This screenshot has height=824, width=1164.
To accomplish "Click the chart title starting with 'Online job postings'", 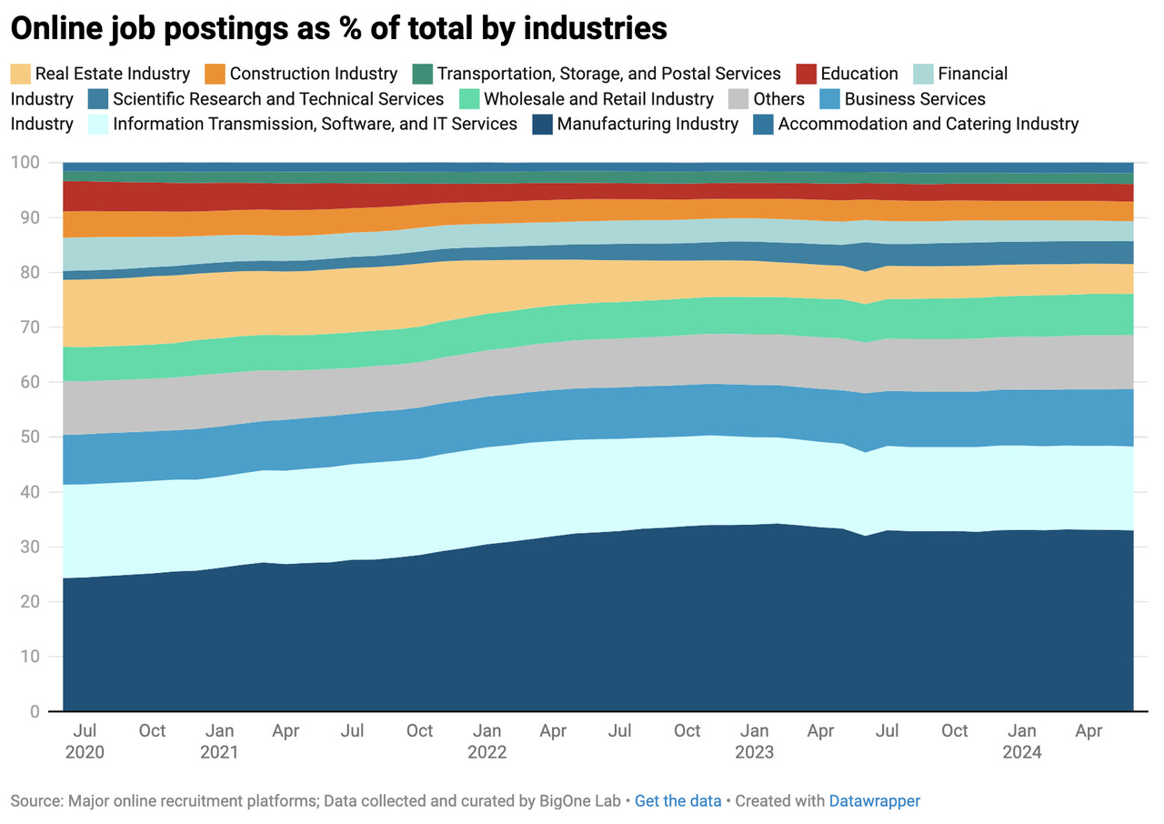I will pos(338,28).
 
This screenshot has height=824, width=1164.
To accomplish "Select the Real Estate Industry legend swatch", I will pos(20,74).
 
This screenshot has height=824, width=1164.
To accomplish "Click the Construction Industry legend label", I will pos(313,74).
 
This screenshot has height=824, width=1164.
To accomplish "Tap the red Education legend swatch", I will pos(806,74).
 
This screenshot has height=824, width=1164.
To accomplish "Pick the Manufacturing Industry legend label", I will pos(647,124).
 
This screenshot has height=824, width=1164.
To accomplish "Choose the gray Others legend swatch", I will pos(738,98).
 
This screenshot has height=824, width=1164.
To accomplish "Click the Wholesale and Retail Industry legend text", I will pos(598,98).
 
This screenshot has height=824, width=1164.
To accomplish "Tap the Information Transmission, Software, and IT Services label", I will pos(315,124).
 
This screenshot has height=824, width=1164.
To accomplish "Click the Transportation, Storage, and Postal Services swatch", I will pos(422,74).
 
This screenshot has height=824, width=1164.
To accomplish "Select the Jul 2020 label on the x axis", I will pos(85,741).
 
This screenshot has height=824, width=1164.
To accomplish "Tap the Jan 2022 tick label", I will pos(487,741).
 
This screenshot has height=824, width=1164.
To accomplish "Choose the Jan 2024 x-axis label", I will pos(1021,741).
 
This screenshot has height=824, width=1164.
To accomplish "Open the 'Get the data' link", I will pos(677,801).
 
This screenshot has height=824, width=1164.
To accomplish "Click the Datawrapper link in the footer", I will pos(874,801).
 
